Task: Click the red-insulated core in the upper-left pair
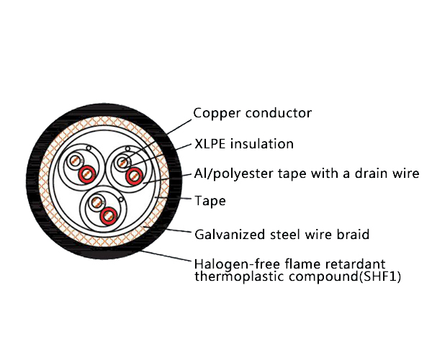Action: pyautogui.click(x=87, y=173)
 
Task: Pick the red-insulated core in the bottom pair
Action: pyautogui.click(x=109, y=215)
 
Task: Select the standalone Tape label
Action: pyautogui.click(x=210, y=201)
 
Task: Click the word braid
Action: pyautogui.click(x=353, y=235)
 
